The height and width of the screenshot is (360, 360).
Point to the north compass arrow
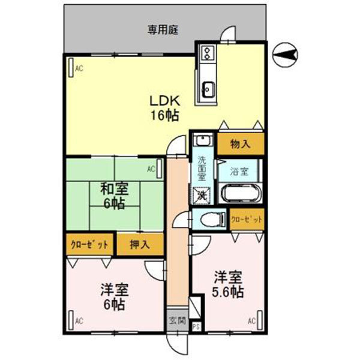(286, 56)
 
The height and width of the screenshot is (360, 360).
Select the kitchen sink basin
(208, 89)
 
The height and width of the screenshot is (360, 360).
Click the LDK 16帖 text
(164, 108)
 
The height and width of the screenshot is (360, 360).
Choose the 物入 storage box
(240, 144)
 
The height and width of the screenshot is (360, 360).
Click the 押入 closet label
(139, 244)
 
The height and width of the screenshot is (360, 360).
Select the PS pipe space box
(195, 327)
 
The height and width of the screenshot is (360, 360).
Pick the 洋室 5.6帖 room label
(228, 285)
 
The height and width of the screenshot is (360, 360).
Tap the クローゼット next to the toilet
(247, 220)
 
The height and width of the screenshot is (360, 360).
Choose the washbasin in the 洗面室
(202, 142)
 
